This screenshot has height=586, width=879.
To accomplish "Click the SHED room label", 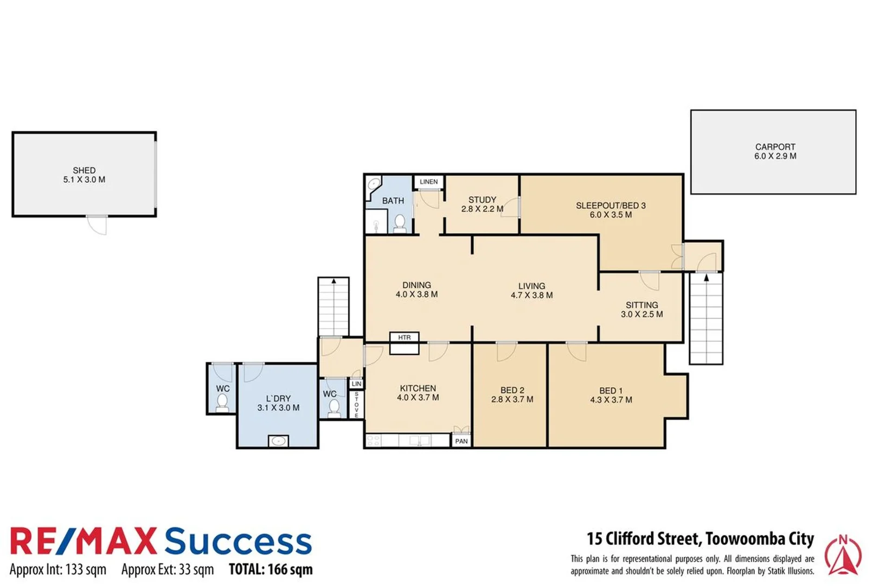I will click(x=84, y=170).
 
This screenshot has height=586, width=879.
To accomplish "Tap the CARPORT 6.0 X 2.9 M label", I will click(x=775, y=151).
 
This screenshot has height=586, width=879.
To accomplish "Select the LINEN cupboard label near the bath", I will click(x=428, y=182).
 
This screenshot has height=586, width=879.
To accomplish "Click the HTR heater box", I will click(x=404, y=337).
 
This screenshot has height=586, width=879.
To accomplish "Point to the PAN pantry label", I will click(x=461, y=441).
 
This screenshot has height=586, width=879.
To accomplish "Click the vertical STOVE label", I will click(x=356, y=404).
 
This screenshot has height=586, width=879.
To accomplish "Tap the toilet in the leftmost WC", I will click(x=222, y=403).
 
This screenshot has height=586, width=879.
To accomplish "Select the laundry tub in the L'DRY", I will click(x=278, y=441).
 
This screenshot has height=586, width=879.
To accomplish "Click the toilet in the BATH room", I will click(x=400, y=222).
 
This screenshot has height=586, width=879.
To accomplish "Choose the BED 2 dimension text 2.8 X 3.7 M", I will click(x=512, y=399).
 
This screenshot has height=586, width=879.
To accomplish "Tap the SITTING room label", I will click(x=641, y=305).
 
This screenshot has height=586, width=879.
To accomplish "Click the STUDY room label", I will click(x=482, y=200).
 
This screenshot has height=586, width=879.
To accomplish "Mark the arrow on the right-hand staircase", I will click(x=706, y=278).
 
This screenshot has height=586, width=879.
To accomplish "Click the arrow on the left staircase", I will click(x=333, y=282).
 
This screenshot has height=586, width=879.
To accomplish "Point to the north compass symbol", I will click(x=843, y=555).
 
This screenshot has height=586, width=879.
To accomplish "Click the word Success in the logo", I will click(x=238, y=541).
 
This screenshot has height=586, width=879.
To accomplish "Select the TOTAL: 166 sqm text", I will click(x=271, y=570).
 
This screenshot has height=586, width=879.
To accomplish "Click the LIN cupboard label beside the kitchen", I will click(x=356, y=384).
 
